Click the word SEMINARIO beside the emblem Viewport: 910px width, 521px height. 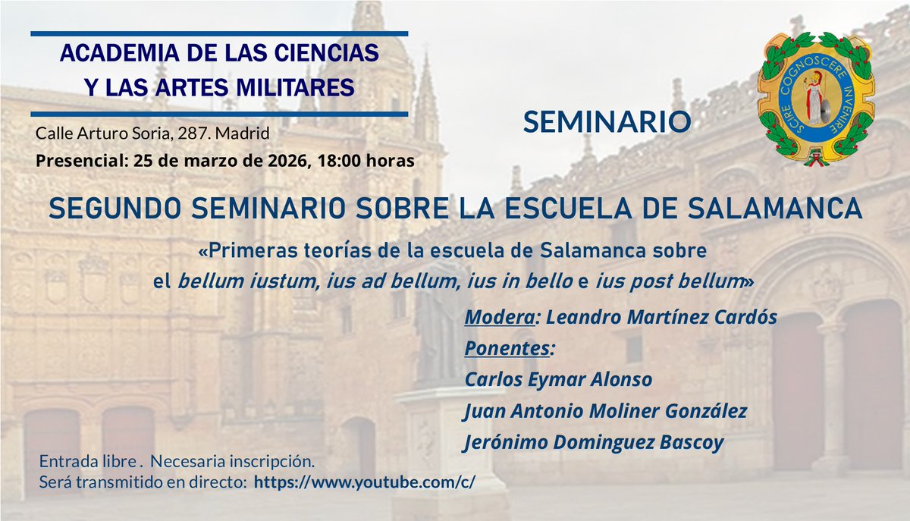pyautogui.click(x=606, y=121)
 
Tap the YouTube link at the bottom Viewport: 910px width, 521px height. pyautogui.click(x=364, y=482)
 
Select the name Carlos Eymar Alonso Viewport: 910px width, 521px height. pyautogui.click(x=558, y=379)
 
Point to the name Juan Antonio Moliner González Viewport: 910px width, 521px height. pyautogui.click(x=606, y=411)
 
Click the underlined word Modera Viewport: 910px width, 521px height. pyautogui.click(x=497, y=318)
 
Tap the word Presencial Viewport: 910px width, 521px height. pyautogui.click(x=81, y=161)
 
